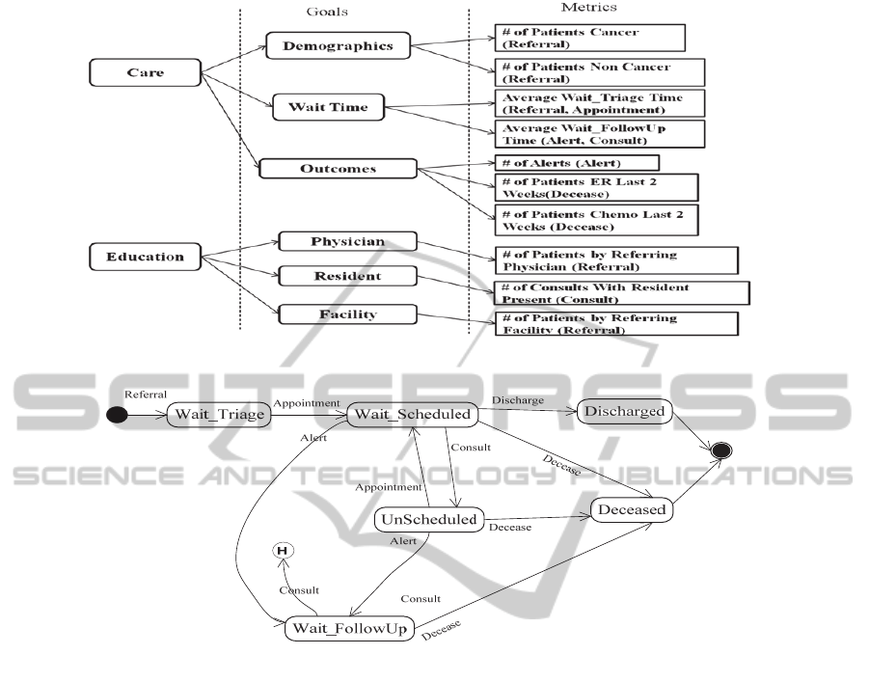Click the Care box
pos(145,72)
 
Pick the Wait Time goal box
pos(328,107)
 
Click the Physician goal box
pos(346,241)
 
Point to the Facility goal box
pos(346,314)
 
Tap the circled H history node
pos(283,550)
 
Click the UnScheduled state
pos(427,519)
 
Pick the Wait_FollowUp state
pos(349,629)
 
